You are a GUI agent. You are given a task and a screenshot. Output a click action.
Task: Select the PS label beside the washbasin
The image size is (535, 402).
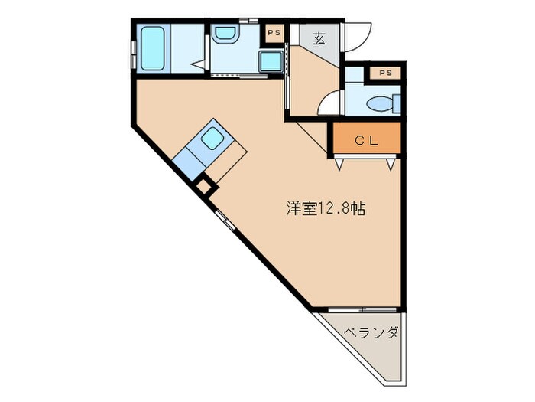tap(273, 33)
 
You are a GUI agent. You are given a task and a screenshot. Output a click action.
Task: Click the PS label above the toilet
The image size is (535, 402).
tap(385, 74)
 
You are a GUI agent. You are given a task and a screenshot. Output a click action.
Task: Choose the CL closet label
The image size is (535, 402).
tap(365, 140)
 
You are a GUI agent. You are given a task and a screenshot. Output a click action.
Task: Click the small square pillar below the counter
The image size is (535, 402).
tap(203, 185)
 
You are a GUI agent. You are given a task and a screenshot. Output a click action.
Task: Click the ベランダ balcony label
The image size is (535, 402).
tap(370, 333)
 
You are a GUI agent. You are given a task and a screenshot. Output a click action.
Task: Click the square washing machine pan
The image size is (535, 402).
tap(270, 61)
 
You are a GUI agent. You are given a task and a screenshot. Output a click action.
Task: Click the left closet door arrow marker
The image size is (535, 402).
tap(338, 162)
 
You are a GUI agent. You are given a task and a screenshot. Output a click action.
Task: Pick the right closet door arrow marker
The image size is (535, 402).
tap(391, 162)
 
